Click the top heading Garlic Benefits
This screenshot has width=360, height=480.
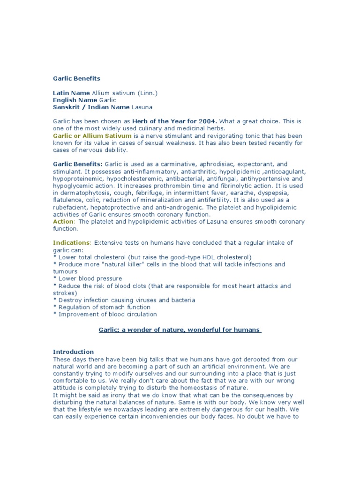(76, 79)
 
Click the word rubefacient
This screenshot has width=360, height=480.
(73, 208)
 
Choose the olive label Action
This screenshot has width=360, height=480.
(63, 222)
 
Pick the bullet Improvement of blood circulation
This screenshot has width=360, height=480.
(107, 314)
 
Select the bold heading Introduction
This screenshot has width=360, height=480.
(73, 352)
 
